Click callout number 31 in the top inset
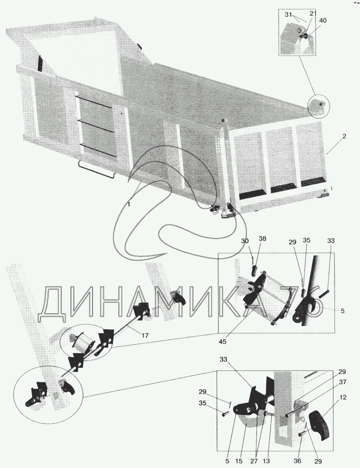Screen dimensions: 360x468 (x=288, y=15)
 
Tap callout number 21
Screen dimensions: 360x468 (x=313, y=14)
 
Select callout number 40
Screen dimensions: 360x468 (x=323, y=20)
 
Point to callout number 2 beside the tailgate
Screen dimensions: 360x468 (x=344, y=136)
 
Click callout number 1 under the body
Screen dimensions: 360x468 (x=129, y=204)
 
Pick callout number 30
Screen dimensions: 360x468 (x=245, y=241)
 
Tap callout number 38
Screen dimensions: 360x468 (x=262, y=239)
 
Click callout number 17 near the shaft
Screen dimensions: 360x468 (x=145, y=336)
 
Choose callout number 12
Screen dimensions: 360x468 (x=343, y=397)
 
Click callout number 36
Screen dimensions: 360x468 (x=298, y=461)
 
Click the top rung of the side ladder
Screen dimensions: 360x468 (x=94, y=101)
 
